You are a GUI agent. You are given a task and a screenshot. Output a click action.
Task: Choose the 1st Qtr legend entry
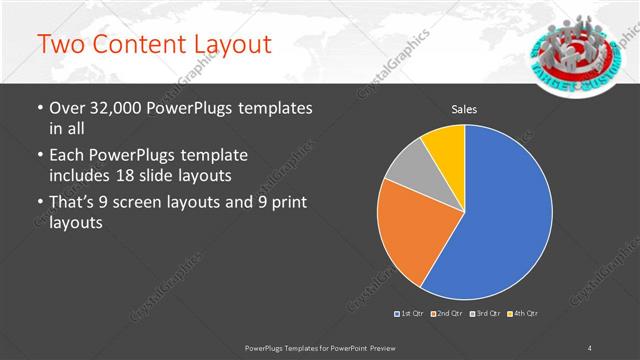(410, 314)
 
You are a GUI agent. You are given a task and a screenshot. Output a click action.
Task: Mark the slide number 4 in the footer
(590, 347)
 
